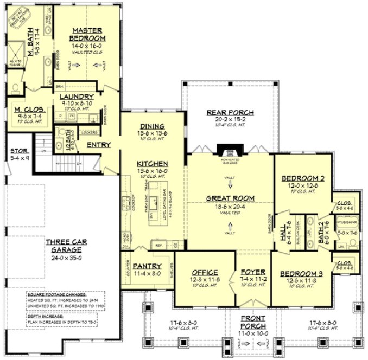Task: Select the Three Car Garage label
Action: pos(64,246)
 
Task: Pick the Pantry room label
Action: pos(147,266)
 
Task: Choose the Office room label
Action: pos(204,272)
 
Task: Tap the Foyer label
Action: pos(253,272)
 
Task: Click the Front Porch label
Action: pos(253,322)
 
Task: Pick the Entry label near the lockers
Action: pos(99,145)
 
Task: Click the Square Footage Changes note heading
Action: pos(52,295)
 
